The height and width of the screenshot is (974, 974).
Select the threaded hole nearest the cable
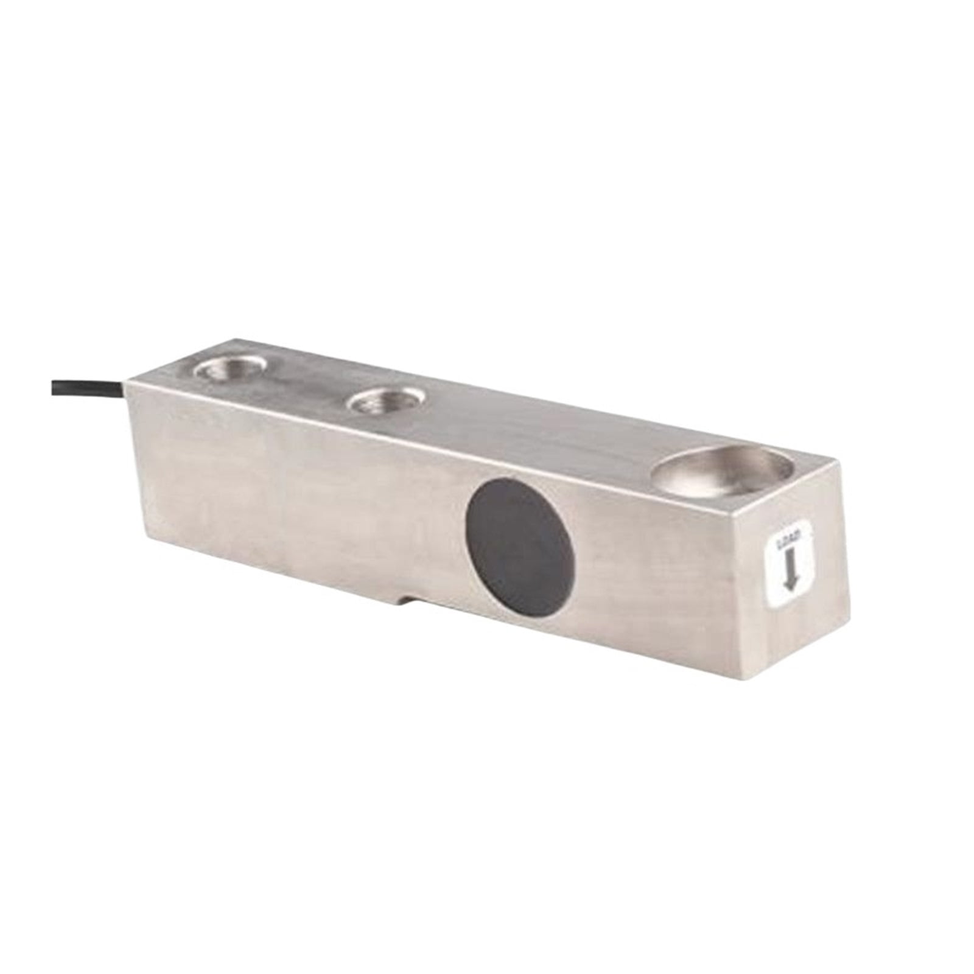tap(230, 369)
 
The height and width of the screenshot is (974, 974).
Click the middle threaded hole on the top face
tap(385, 402)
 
